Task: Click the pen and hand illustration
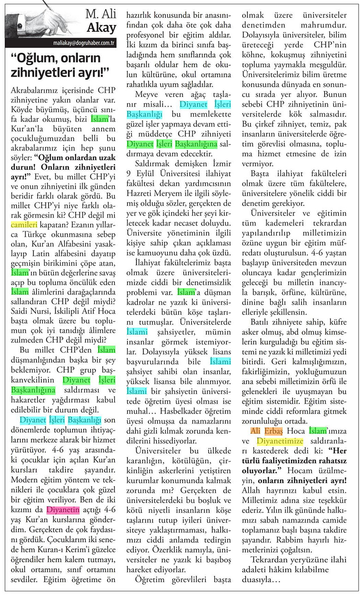click(x=39, y=20)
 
